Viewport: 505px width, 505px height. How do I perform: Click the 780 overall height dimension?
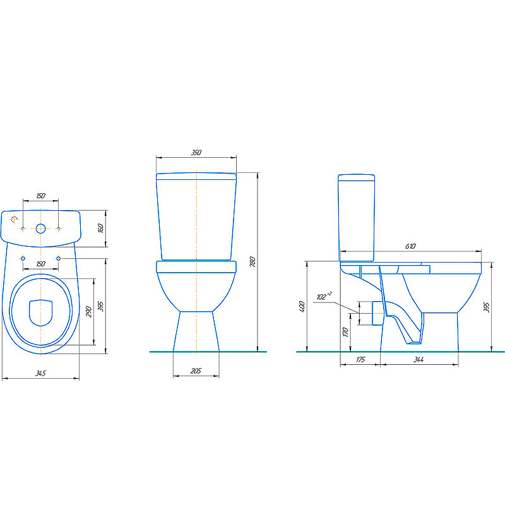click(253, 262)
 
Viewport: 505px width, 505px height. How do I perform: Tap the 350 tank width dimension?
click(196, 152)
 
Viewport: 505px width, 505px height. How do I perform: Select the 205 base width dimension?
click(196, 371)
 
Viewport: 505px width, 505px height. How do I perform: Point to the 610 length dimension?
click(410, 246)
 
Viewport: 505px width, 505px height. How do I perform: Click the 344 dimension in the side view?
click(419, 360)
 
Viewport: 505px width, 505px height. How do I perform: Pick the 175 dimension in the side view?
click(360, 360)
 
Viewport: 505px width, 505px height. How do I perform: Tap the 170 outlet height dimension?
click(346, 332)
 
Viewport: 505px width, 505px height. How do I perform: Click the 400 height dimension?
click(302, 307)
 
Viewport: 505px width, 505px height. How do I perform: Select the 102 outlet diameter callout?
click(324, 296)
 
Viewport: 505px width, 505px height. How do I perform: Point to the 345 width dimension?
click(41, 373)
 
